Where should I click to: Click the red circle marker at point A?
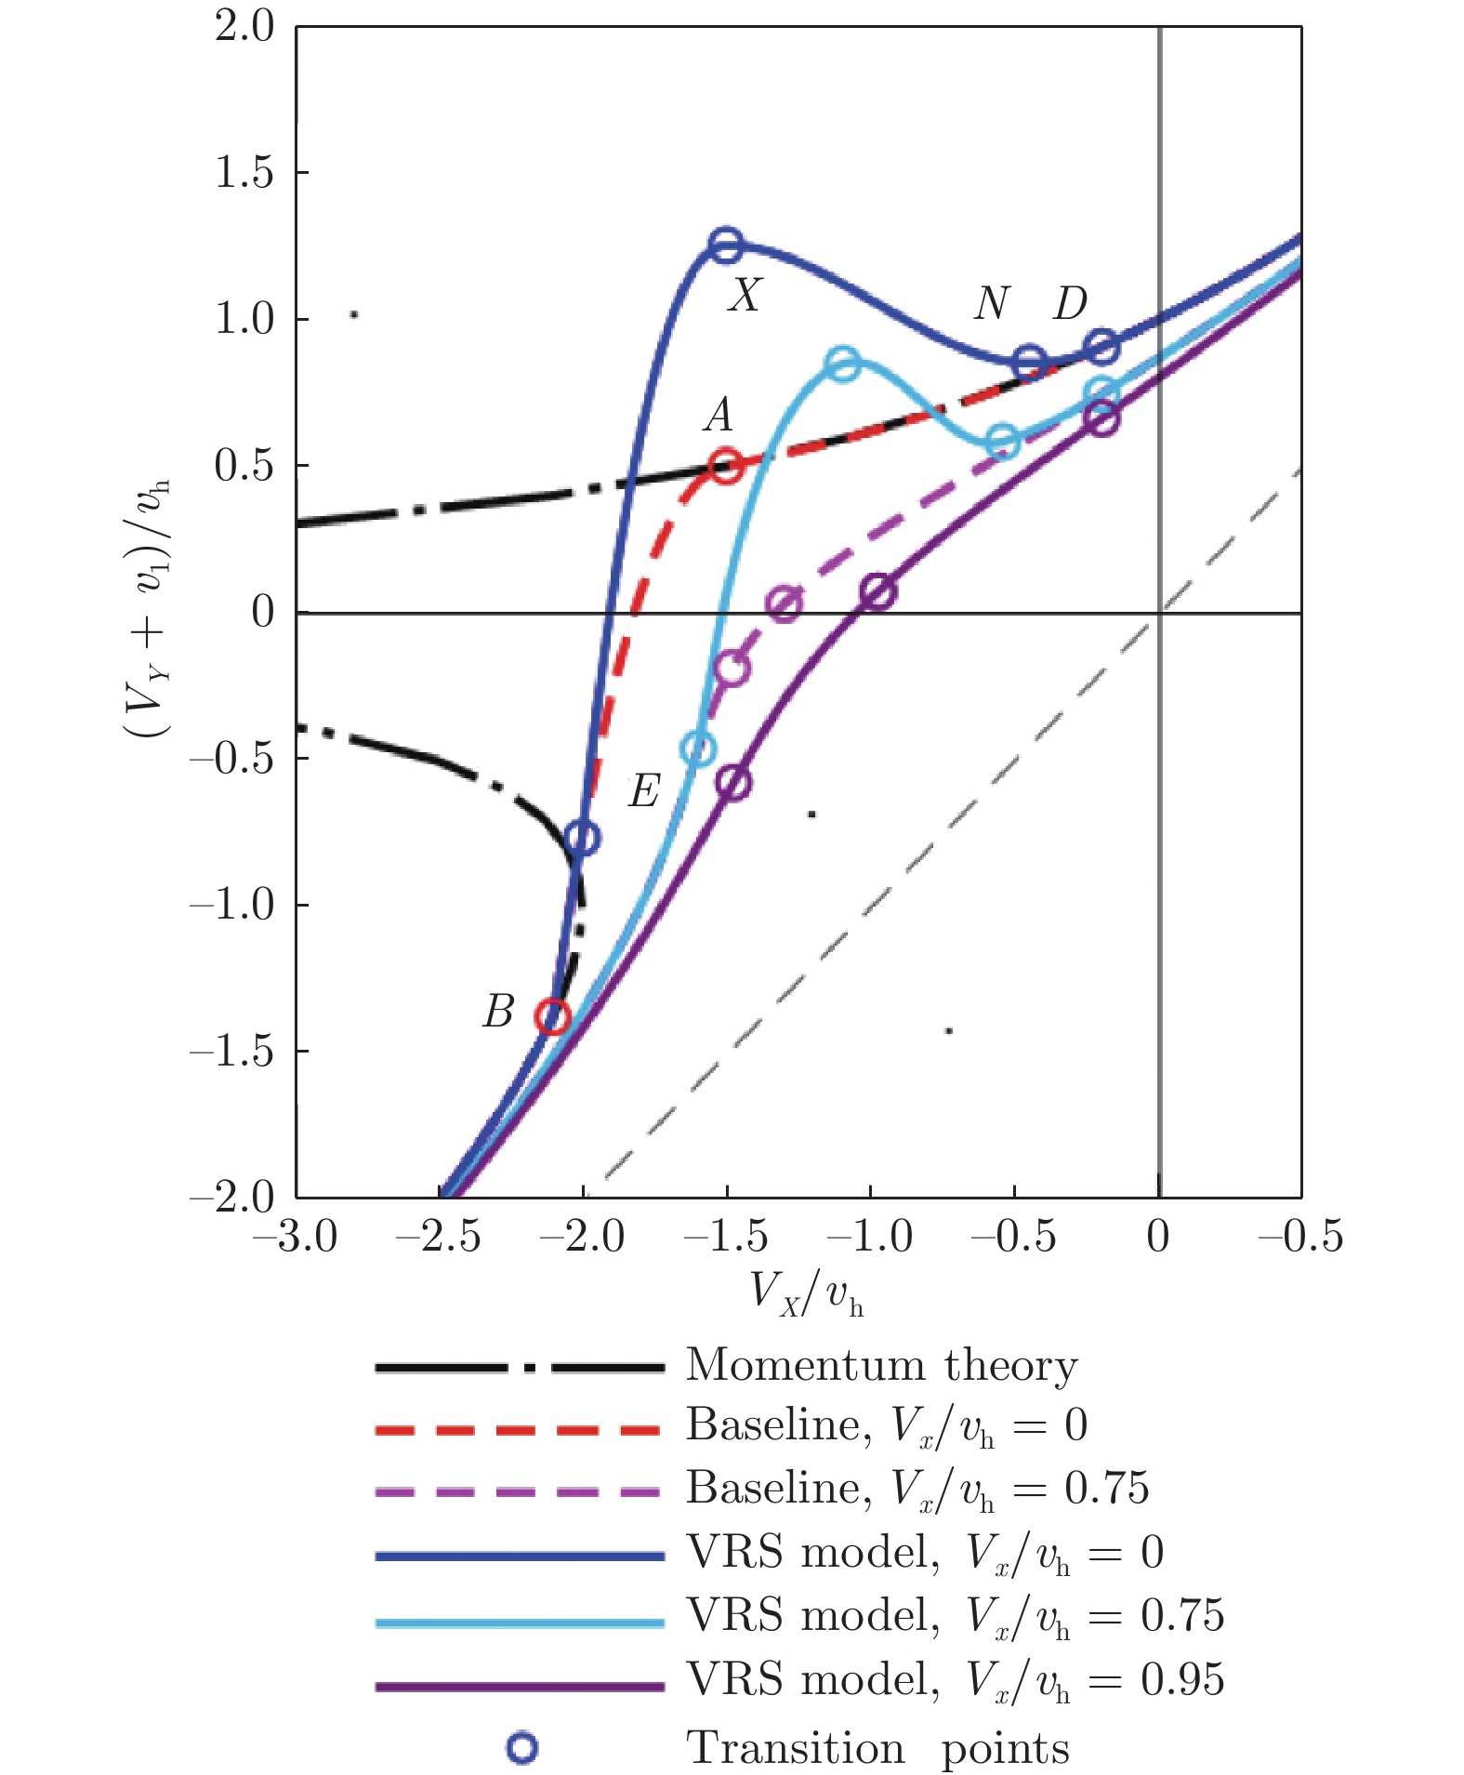click(725, 465)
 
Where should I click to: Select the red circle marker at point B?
click(552, 1016)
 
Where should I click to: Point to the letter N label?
click(992, 303)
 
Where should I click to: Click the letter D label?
click(1070, 303)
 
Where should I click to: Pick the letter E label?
click(644, 791)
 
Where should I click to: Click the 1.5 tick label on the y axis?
click(244, 173)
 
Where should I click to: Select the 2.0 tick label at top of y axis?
click(244, 27)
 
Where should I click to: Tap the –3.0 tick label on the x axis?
click(295, 1238)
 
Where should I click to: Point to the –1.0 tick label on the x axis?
click(868, 1238)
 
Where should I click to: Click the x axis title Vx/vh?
click(807, 1293)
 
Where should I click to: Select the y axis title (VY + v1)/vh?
click(149, 610)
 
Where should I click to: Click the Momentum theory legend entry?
click(881, 1366)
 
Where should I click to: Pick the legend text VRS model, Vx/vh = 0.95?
click(955, 1680)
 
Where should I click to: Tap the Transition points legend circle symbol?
click(521, 1748)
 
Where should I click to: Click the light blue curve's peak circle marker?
click(842, 364)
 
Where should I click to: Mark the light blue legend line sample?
click(520, 1623)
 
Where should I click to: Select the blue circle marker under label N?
click(1029, 363)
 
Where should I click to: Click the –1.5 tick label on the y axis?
click(232, 1052)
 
